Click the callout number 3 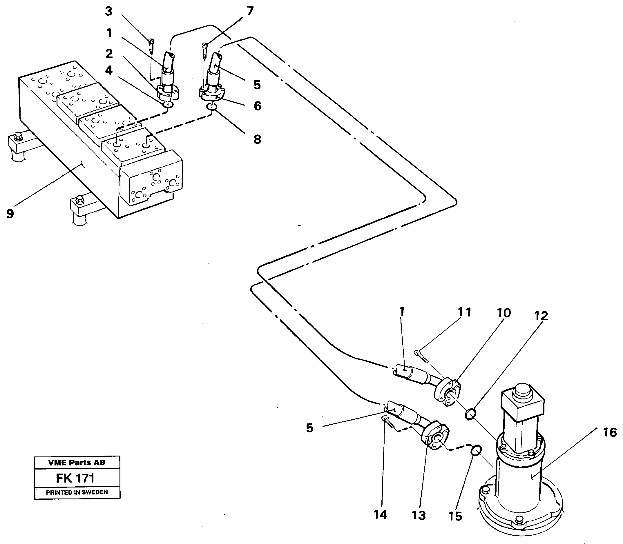(x=108, y=12)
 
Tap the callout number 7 (x=250, y=11)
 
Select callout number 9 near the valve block (x=10, y=213)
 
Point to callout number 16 (x=610, y=433)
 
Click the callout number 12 (x=541, y=316)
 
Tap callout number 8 (x=257, y=139)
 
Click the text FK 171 (x=75, y=478)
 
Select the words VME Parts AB (x=77, y=462)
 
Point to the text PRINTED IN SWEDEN (x=77, y=492)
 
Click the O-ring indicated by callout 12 (x=470, y=414)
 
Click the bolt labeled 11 (x=422, y=357)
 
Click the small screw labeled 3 (x=152, y=46)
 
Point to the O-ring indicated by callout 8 (x=212, y=107)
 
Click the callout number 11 (x=464, y=312)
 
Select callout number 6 (x=257, y=106)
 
